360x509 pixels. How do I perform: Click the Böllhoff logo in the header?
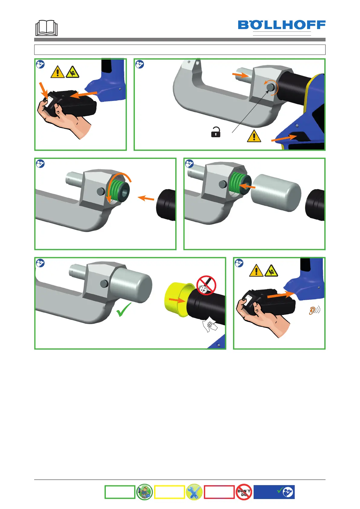tap(282, 25)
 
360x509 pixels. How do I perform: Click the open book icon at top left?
tap(46, 28)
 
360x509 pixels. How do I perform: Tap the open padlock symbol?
tap(216, 132)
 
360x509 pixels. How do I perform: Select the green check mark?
tap(123, 310)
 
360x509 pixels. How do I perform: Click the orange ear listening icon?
tap(314, 310)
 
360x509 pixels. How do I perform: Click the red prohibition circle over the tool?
tap(206, 285)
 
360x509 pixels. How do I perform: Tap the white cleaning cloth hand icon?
tap(209, 326)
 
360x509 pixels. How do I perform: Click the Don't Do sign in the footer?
tap(244, 492)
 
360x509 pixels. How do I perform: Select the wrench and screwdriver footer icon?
tap(194, 492)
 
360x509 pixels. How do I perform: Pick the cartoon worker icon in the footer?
tap(144, 492)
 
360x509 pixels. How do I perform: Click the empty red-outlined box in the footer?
tap(219, 492)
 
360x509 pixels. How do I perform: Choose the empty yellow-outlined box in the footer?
tap(169, 492)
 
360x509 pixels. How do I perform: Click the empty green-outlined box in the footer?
tap(120, 492)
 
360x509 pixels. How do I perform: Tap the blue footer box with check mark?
tap(274, 492)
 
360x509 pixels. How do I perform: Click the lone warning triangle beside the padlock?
tap(254, 136)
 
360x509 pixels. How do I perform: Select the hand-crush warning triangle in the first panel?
tap(72, 72)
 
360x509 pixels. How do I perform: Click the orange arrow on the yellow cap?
tap(177, 300)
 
